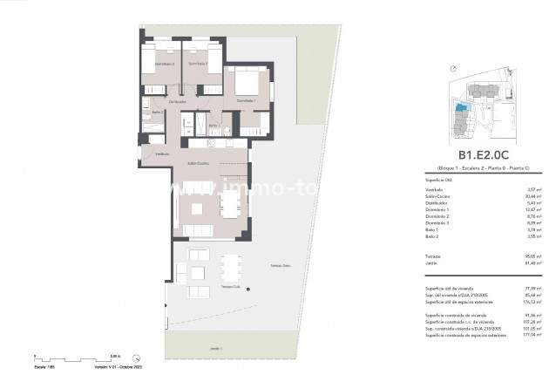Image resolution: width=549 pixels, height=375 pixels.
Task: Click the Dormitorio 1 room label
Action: [246, 101]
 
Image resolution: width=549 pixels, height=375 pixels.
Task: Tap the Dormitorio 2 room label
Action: [198, 64]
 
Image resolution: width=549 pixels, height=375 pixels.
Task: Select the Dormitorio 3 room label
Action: [158, 64]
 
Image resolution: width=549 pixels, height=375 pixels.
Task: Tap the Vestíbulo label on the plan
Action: [162, 153]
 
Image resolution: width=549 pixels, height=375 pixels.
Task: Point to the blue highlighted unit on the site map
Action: [462, 107]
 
